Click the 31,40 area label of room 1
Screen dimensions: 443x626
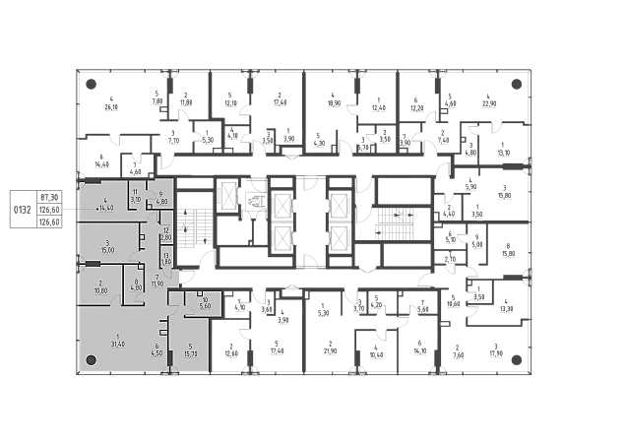pyautogui.click(x=117, y=344)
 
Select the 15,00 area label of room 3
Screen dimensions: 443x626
pyautogui.click(x=107, y=250)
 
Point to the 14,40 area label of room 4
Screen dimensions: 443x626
pyautogui.click(x=105, y=208)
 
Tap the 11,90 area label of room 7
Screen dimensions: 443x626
pyautogui.click(x=156, y=284)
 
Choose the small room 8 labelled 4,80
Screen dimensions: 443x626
pyautogui.click(x=137, y=287)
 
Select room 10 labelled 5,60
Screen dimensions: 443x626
pyautogui.click(x=205, y=305)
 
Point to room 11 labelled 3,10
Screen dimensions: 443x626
pyautogui.click(x=137, y=199)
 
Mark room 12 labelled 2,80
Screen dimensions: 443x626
pyautogui.click(x=166, y=237)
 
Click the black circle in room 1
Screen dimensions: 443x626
pyautogui.click(x=91, y=361)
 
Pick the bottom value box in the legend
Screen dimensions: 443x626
pyautogui.click(x=50, y=221)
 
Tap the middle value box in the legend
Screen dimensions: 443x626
pyautogui.click(x=50, y=210)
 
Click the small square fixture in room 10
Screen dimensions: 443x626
pyautogui.click(x=200, y=294)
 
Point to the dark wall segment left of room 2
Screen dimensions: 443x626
pyautogui.click(x=92, y=264)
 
